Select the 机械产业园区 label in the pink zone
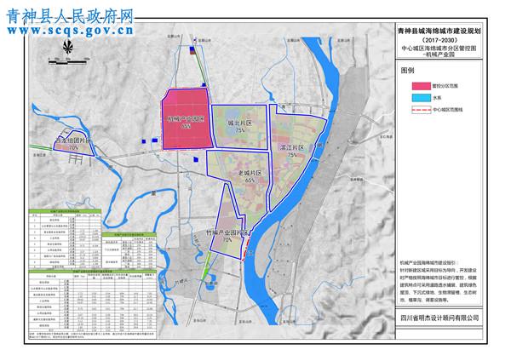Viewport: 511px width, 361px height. pyautogui.click(x=186, y=118)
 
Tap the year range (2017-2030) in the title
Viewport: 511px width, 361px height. pyautogui.click(x=445, y=39)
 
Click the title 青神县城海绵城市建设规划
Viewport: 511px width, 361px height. pyautogui.click(x=445, y=29)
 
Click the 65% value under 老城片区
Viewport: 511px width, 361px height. pyautogui.click(x=250, y=180)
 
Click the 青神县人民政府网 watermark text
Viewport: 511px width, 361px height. pyautogui.click(x=68, y=14)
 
